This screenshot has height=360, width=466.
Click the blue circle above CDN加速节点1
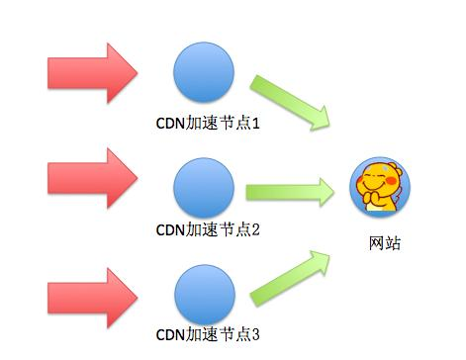[x=204, y=73]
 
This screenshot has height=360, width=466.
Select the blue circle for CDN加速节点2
[x=204, y=186]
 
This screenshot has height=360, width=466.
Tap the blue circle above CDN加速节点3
[x=204, y=294]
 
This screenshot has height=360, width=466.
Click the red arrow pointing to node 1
[x=92, y=72]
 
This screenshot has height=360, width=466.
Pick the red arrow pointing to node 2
[x=92, y=179]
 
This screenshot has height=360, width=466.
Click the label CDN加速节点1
[x=207, y=127]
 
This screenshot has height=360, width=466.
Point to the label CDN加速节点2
[x=207, y=231]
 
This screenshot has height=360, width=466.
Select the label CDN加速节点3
[x=207, y=334]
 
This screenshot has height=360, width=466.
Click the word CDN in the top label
[x=170, y=127]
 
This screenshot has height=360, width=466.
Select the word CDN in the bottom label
[x=170, y=334]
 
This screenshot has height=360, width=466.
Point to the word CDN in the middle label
[x=170, y=231]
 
